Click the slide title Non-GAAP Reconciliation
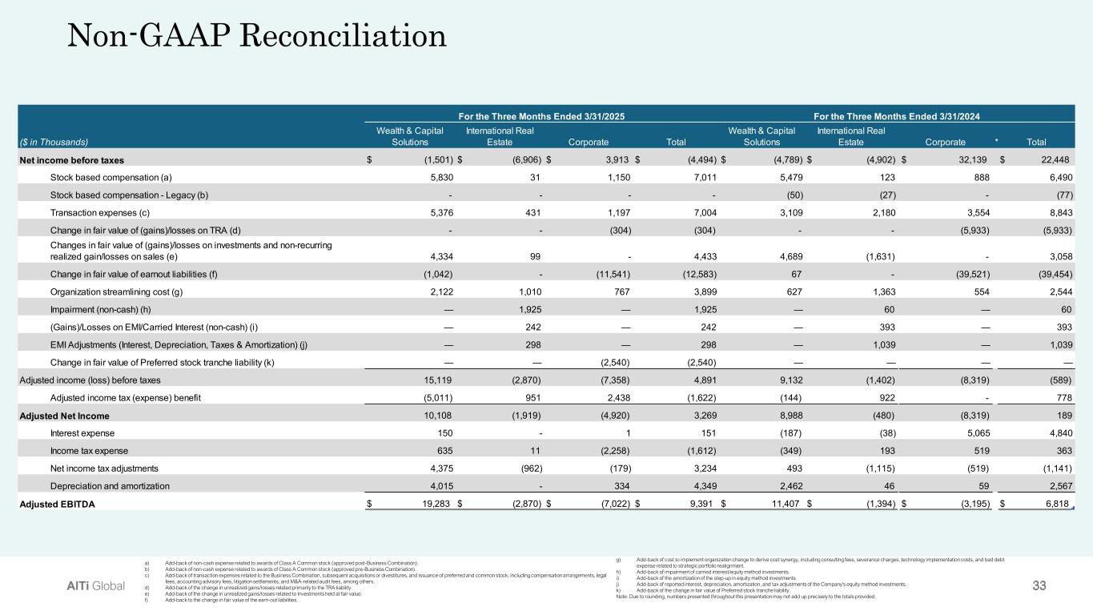tap(257, 35)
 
